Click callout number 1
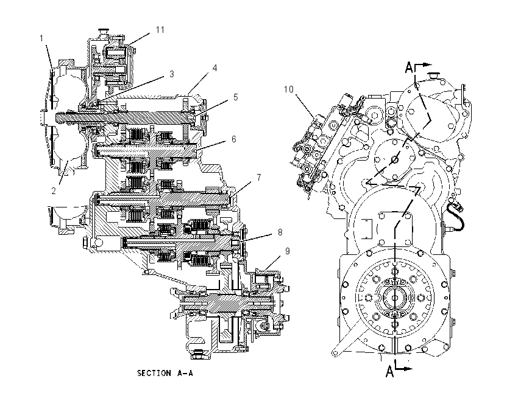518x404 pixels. (x=41, y=38)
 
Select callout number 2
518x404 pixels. (x=54, y=190)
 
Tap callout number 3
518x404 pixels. (x=171, y=74)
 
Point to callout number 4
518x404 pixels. (x=215, y=68)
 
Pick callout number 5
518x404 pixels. (x=236, y=97)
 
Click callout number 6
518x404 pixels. (x=234, y=139)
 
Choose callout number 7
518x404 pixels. (x=259, y=178)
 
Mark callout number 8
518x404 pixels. (x=280, y=232)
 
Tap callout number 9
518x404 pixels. (x=288, y=251)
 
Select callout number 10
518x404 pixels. (x=289, y=89)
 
